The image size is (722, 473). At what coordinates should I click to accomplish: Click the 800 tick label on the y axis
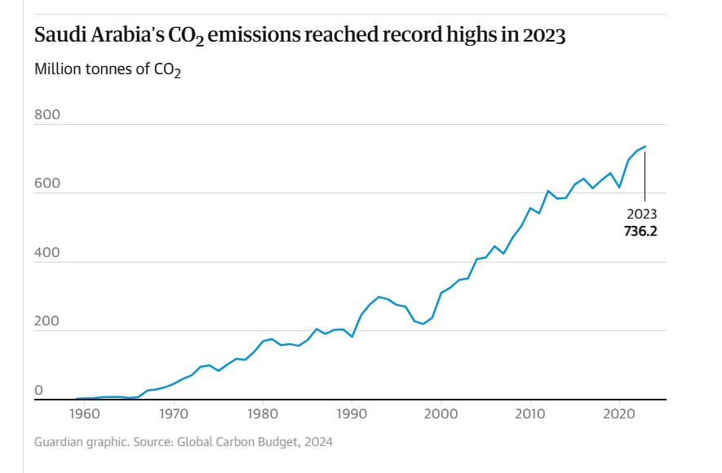pos(47,115)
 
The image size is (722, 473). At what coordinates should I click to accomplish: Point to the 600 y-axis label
pos(47,183)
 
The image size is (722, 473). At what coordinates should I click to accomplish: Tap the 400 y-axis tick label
pos(47,253)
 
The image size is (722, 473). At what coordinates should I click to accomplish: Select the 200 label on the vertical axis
pos(47,321)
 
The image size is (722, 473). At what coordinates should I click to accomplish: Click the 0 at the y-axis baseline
pos(38,391)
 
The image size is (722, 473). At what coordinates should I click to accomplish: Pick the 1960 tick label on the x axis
pos(84,414)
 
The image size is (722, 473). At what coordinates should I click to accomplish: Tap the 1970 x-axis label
pos(173,414)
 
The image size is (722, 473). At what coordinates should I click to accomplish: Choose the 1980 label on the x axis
pos(263,414)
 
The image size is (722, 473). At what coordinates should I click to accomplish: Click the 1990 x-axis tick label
pos(352,414)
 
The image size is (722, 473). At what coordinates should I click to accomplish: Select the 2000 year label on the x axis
pos(441,414)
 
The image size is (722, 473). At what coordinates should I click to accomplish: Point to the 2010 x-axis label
pos(530,414)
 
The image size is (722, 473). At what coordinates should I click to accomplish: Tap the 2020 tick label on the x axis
pos(619,414)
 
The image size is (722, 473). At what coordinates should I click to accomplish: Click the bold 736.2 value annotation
pos(641,231)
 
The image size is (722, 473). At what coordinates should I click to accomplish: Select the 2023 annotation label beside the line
pos(641,214)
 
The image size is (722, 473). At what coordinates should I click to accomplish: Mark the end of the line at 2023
pos(645,147)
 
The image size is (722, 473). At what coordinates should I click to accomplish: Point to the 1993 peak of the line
pos(379,297)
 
